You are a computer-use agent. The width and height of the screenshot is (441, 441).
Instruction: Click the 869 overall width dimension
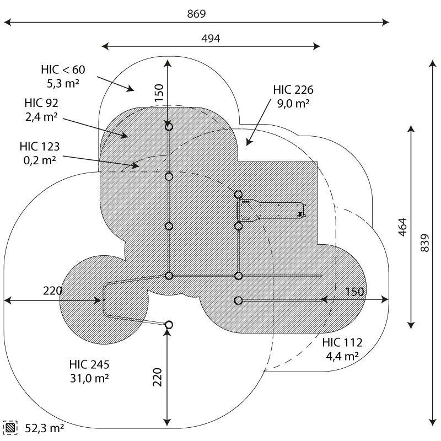[x=196, y=14]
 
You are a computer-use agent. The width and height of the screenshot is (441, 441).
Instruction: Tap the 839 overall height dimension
[x=424, y=243]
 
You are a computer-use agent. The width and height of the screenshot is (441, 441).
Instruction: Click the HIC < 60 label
[x=63, y=70]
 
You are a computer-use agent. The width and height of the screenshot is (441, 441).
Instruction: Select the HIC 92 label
[x=41, y=103]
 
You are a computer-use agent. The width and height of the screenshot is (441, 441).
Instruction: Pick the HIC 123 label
[x=40, y=147]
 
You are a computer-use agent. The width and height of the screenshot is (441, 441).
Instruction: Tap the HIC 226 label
[x=293, y=90]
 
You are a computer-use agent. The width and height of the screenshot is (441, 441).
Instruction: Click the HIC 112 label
[x=342, y=344]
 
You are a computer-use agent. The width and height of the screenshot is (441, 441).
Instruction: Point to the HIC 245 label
[x=89, y=364]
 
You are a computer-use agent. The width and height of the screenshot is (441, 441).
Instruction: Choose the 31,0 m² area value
[x=89, y=379]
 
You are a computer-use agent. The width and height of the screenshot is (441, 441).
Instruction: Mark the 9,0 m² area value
[x=293, y=104]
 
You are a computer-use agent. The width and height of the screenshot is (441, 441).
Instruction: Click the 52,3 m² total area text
[x=44, y=428]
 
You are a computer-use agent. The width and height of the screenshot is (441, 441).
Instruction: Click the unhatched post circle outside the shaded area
[x=169, y=325]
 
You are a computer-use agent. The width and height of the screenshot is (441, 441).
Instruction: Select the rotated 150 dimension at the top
[x=159, y=95]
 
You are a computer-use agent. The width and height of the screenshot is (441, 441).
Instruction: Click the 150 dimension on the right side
[x=355, y=291]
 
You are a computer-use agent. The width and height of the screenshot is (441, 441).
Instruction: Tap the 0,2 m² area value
[x=40, y=160]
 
